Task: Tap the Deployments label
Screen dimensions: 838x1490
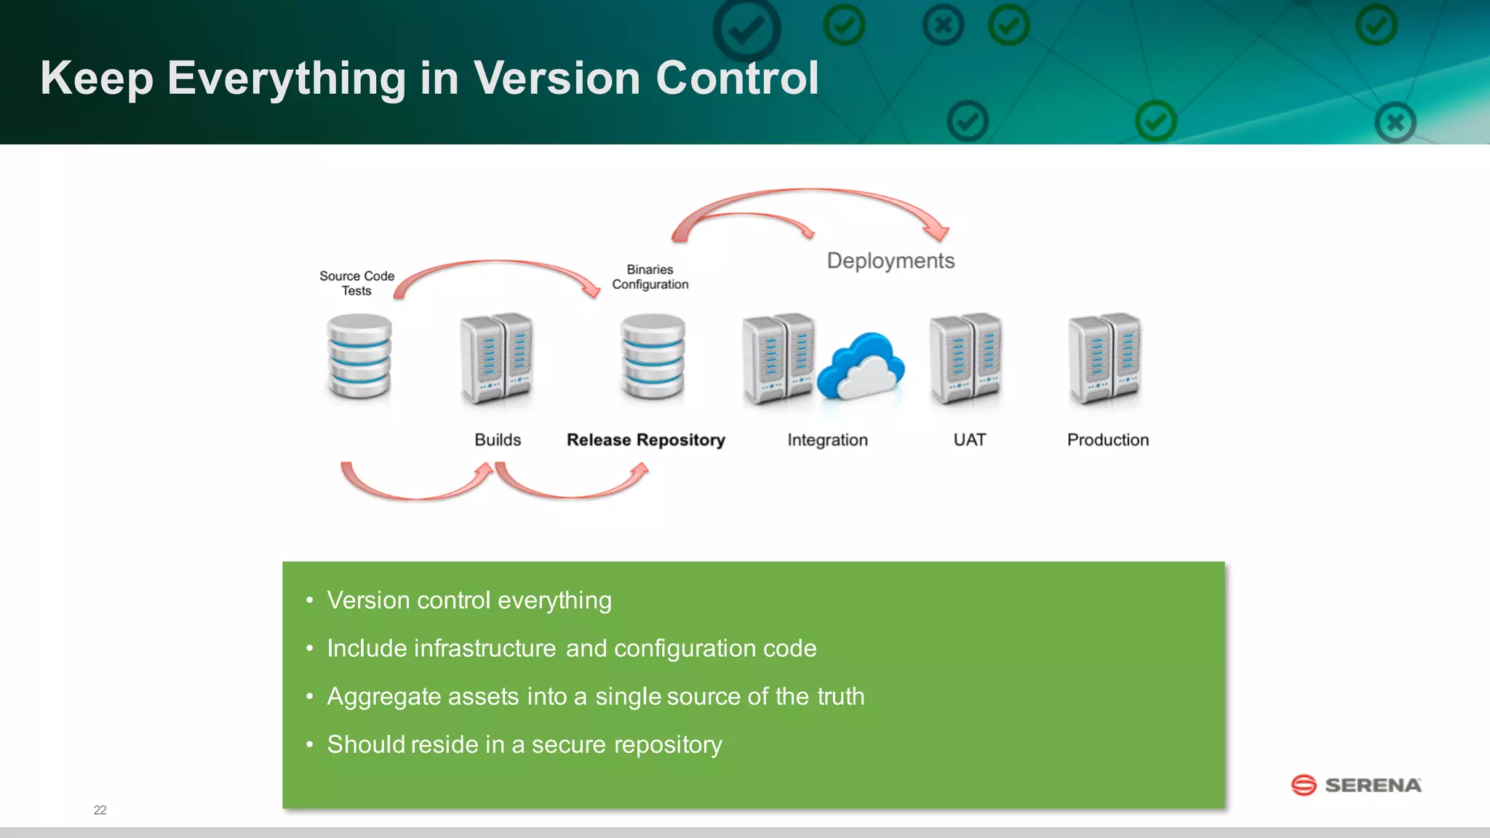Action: coord(891,260)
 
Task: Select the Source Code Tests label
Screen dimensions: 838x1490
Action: coord(356,283)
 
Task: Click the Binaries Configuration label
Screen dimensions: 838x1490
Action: coord(650,277)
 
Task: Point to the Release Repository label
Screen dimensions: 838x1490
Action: coord(645,440)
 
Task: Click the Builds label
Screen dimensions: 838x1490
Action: coord(498,440)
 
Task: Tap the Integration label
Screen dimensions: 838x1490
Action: coord(827,440)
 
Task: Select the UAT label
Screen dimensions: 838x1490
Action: coord(969,440)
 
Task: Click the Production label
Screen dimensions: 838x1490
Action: coord(1107,440)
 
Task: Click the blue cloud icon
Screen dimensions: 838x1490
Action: coord(861,366)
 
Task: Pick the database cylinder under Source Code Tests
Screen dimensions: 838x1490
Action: coord(359,356)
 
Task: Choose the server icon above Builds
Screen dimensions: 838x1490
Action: coord(497,358)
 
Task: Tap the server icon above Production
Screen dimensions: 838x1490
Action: coord(1104,358)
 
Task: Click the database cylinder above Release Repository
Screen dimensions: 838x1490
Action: coord(653,356)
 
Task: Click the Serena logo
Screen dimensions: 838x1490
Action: coord(1356,785)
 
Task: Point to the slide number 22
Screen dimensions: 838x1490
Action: coord(100,810)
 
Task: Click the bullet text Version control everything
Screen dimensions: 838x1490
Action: coord(469,600)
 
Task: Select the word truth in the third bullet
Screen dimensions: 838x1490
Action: coord(840,696)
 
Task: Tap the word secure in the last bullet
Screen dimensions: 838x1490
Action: coord(568,744)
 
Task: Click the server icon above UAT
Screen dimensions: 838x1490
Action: coord(966,358)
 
